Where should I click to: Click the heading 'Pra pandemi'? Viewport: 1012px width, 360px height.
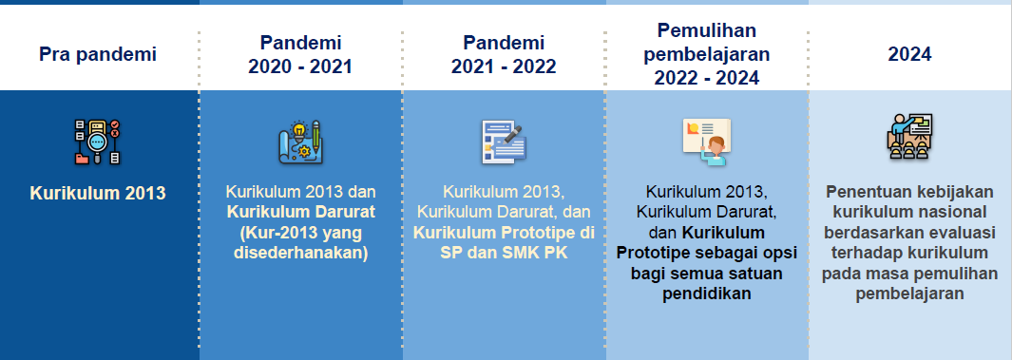coord(98,55)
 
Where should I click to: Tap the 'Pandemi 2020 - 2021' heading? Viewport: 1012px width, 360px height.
coord(299,55)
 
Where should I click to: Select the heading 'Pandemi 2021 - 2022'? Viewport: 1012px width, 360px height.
coord(504,55)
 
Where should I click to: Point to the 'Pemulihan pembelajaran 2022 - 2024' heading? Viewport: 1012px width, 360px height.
coord(706,55)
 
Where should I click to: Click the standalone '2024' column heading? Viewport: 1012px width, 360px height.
coord(909,55)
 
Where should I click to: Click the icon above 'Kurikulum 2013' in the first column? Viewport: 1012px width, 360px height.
coord(98,142)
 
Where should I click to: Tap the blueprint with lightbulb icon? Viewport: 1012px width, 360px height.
coord(300,142)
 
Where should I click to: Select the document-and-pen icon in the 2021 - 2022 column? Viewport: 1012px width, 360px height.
coord(504,142)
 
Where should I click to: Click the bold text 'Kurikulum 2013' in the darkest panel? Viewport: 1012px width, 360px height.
coord(98,194)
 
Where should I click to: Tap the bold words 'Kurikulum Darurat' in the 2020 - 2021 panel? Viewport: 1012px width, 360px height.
coord(300,212)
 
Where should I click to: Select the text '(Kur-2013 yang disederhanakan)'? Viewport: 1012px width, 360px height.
coord(300,242)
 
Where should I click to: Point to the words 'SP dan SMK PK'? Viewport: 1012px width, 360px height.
coord(504,253)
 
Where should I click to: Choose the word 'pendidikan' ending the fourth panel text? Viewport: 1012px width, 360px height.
coord(706,294)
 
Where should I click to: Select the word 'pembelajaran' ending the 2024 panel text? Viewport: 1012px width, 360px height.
coord(909,294)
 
